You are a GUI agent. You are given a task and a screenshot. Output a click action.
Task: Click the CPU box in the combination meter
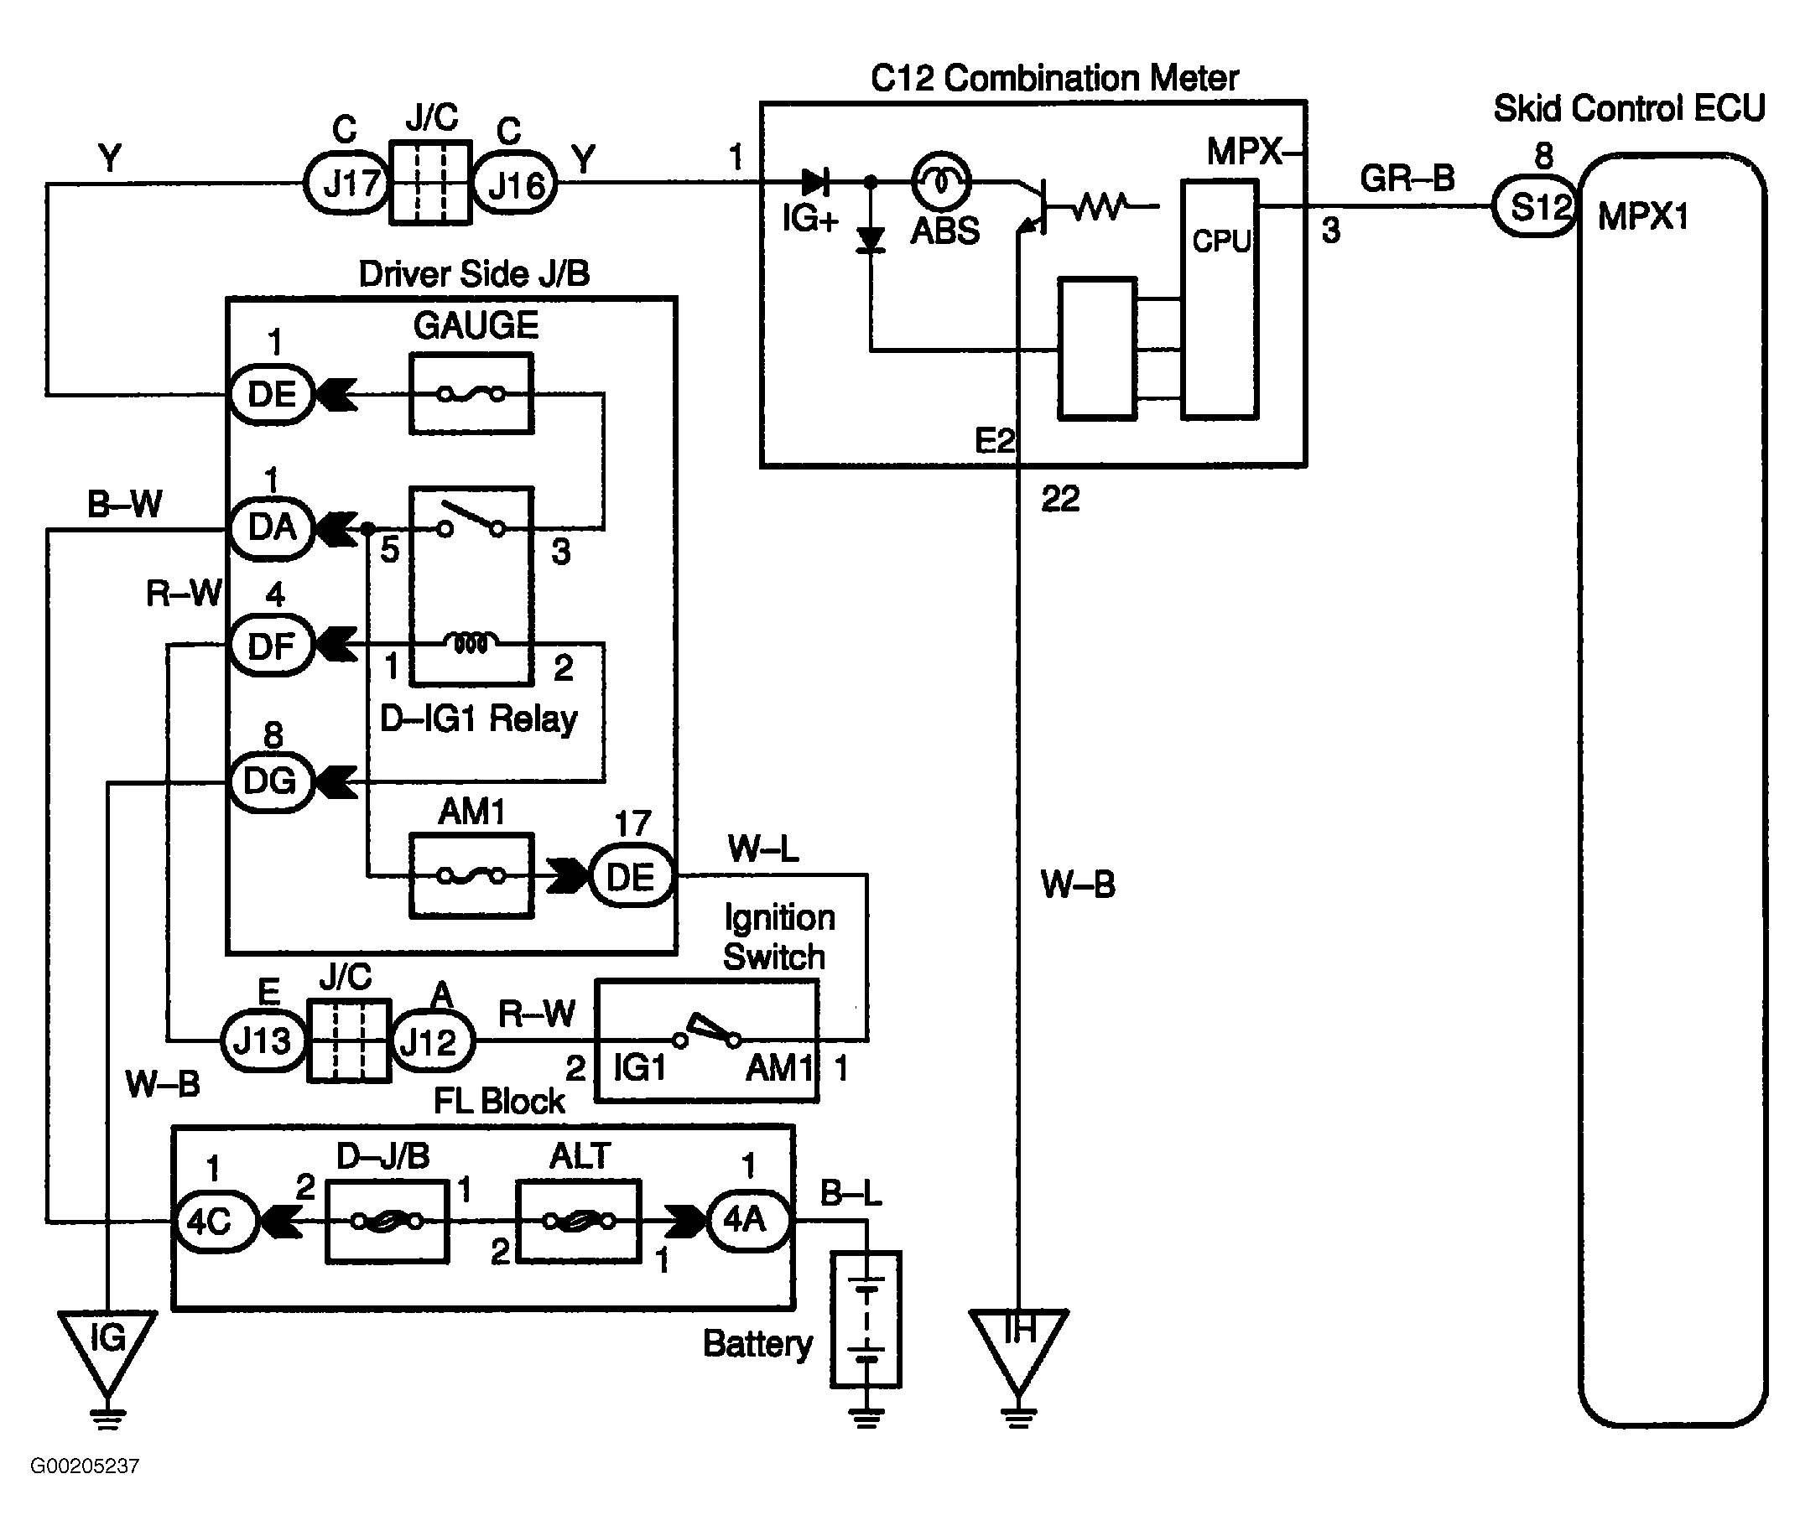click(x=1220, y=299)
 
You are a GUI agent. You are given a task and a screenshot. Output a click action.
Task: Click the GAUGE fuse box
click(x=471, y=393)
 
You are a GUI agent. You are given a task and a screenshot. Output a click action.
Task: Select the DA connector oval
click(x=271, y=527)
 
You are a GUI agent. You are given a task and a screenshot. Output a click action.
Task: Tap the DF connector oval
click(x=271, y=646)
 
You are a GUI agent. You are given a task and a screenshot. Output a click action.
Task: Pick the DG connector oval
click(x=271, y=781)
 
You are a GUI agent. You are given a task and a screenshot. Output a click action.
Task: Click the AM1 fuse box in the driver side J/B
click(x=471, y=875)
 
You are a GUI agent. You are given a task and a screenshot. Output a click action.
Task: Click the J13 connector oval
click(x=263, y=1040)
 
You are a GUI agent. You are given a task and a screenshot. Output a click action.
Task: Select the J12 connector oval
click(x=432, y=1040)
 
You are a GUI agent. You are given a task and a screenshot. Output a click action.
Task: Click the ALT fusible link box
click(x=579, y=1221)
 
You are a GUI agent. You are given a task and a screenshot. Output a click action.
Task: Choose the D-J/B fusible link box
click(x=388, y=1221)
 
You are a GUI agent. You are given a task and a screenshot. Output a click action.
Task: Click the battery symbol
click(x=866, y=1319)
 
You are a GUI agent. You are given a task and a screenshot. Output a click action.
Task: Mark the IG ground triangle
click(x=107, y=1346)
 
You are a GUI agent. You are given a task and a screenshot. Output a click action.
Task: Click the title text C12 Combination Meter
click(x=1053, y=79)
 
